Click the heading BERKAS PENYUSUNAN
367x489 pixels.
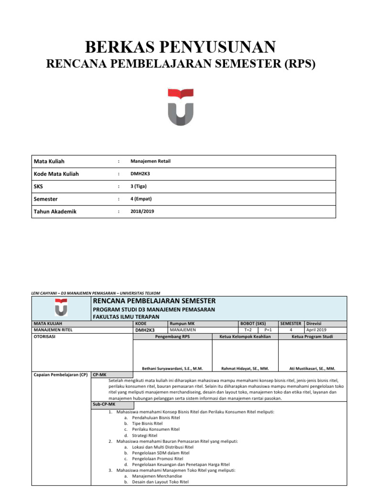coord(180,47)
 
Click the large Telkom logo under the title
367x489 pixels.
coord(180,107)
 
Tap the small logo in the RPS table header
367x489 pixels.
coord(61,307)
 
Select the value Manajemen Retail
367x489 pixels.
coord(151,161)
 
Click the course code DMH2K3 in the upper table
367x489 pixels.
coord(142,174)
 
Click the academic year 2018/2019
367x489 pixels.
coord(142,211)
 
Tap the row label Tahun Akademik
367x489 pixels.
coord(55,211)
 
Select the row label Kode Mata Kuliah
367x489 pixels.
coord(56,174)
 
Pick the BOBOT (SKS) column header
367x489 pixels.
coord(253,323)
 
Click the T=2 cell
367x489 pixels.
coord(248,330)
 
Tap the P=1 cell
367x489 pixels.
coord(268,330)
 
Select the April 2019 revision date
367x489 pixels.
coord(316,330)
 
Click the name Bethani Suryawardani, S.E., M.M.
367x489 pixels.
coord(173,368)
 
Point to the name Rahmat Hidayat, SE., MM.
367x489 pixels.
coord(245,368)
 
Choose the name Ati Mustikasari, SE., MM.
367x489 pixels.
coord(313,368)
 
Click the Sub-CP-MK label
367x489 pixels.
coord(101,404)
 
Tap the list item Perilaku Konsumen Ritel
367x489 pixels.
coord(149,429)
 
